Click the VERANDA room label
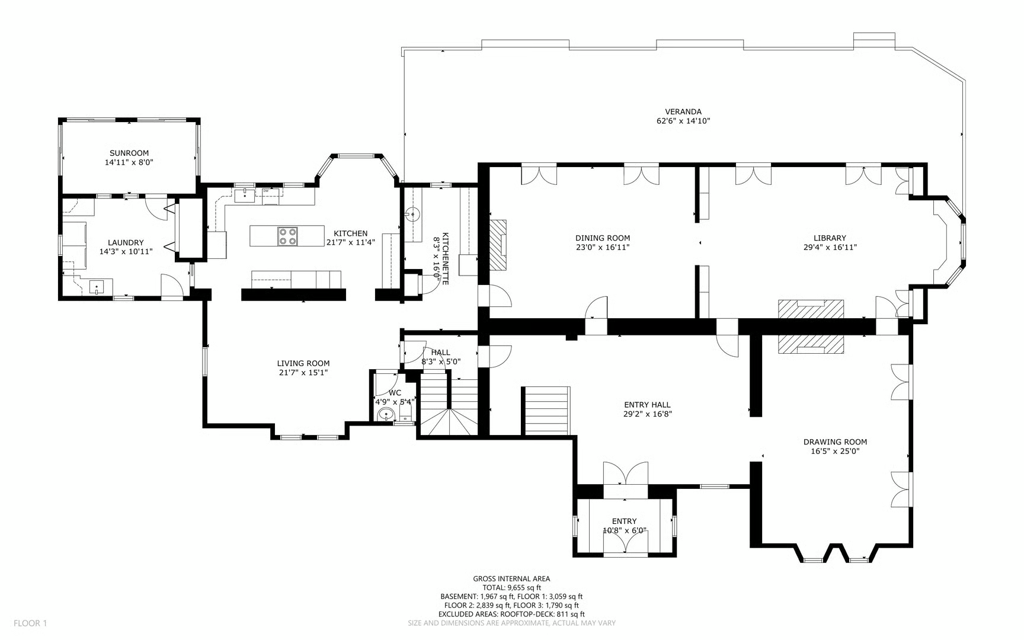(683, 111)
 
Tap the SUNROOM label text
(129, 153)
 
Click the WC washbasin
(386, 415)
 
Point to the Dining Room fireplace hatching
(498, 245)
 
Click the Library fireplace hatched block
(811, 309)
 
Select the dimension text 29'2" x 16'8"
(647, 414)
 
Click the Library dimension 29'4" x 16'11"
(830, 247)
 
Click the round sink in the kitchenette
(413, 215)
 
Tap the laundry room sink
(97, 287)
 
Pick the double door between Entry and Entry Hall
(625, 474)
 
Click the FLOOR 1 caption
(30, 623)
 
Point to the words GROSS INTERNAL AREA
(511, 579)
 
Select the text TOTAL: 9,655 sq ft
(511, 588)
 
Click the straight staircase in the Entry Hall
(546, 411)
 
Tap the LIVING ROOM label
(303, 363)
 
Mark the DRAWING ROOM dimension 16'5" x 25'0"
(835, 451)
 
